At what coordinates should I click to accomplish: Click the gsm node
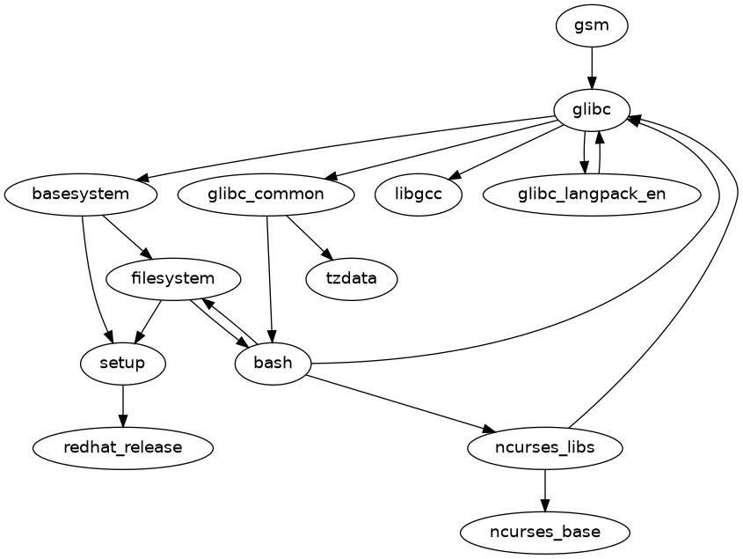click(x=592, y=25)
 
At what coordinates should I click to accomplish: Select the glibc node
click(x=592, y=109)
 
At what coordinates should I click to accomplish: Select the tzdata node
click(x=352, y=278)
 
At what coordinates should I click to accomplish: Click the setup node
click(x=123, y=363)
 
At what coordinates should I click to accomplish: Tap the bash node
click(x=273, y=363)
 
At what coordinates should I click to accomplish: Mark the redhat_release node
click(x=123, y=447)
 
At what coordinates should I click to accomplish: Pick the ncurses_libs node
click(x=545, y=447)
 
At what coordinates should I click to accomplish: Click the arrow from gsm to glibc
click(x=592, y=67)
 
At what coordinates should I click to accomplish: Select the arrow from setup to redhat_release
click(x=123, y=405)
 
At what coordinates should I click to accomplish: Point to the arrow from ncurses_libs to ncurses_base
click(x=545, y=489)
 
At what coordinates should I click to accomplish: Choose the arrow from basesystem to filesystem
click(x=123, y=233)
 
